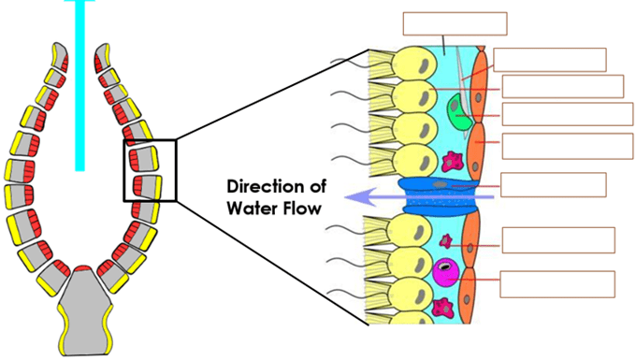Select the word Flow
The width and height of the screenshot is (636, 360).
[x=302, y=209]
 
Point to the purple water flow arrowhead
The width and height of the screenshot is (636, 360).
[x=357, y=197]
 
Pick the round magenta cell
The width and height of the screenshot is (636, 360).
[x=446, y=272]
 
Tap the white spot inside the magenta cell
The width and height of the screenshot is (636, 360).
[x=445, y=266]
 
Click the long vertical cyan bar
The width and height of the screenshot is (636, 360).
[x=79, y=85]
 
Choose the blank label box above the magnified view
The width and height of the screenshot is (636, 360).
[x=455, y=23]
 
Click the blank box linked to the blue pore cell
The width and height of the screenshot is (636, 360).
[x=554, y=185]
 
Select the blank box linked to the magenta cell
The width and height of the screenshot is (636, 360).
[x=557, y=284]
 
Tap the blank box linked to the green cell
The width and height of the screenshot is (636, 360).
[x=568, y=114]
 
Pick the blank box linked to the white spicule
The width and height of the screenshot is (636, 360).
[x=550, y=60]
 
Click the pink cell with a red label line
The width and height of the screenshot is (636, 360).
[x=446, y=241]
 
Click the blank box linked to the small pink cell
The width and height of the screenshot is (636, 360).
[x=558, y=240]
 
